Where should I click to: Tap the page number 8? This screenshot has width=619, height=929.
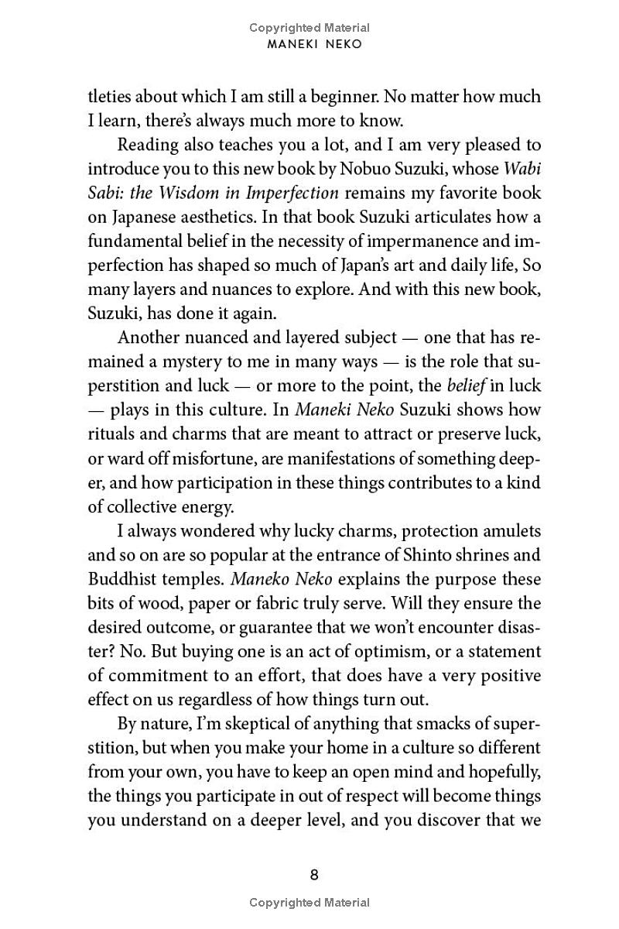[x=314, y=876]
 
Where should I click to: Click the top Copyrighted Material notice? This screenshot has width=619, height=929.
[x=309, y=28]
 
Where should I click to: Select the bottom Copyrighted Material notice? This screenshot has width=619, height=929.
[x=309, y=903]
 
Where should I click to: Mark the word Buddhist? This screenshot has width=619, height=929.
[x=123, y=579]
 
